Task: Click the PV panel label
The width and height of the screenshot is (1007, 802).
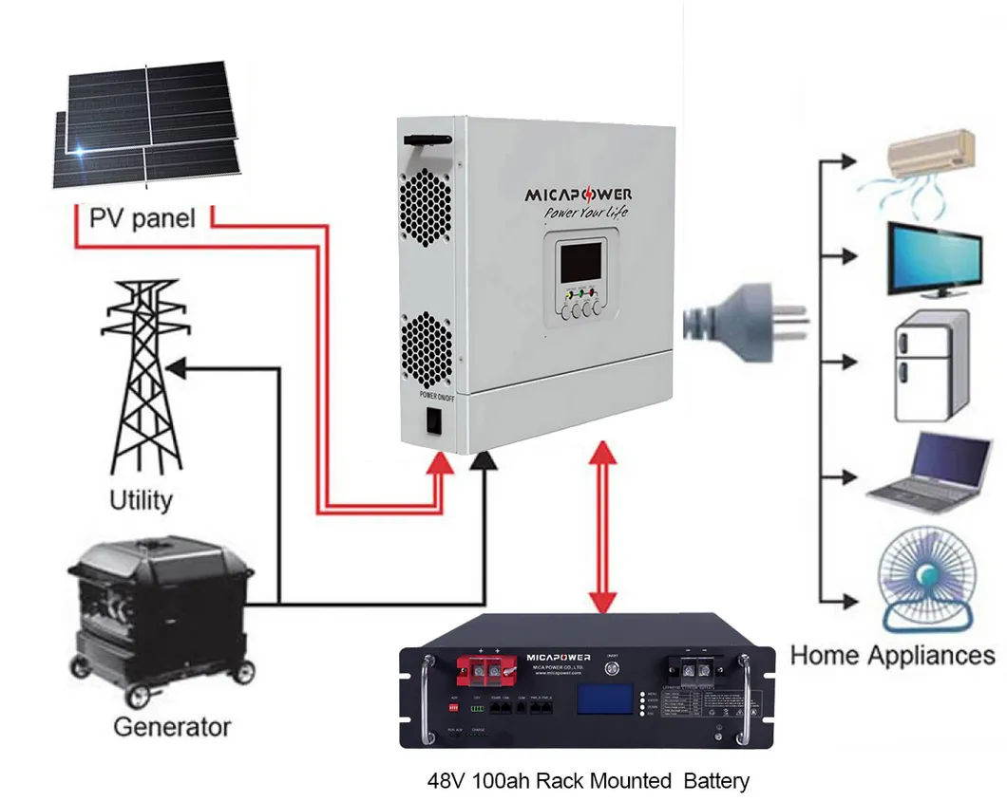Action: (142, 218)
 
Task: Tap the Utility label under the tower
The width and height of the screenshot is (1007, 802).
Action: (141, 499)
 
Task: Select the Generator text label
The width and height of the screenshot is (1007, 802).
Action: (171, 728)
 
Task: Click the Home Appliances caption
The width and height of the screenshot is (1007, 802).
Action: (892, 655)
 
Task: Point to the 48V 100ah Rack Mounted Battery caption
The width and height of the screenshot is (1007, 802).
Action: (587, 781)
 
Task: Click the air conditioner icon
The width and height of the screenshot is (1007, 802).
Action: (930, 153)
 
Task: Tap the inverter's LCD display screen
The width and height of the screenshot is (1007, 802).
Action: (579, 263)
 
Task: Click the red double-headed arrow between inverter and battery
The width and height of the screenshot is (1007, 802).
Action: (600, 531)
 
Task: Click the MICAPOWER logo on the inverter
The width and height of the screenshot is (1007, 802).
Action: (579, 195)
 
